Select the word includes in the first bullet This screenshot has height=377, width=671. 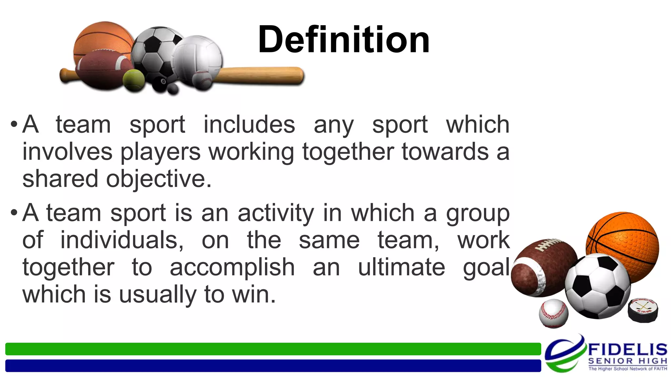point(249,125)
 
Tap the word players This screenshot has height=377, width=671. point(160,152)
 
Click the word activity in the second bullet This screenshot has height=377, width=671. point(276,213)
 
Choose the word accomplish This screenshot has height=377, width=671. point(232,267)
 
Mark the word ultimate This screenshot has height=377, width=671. point(401,267)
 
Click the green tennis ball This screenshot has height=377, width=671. point(134,80)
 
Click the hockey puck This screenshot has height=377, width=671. point(642,310)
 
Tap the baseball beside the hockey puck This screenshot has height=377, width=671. point(554,313)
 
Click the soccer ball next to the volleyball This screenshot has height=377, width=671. point(154,49)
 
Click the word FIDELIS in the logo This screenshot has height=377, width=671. point(627,350)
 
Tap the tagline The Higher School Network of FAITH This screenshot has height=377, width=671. point(627,369)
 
